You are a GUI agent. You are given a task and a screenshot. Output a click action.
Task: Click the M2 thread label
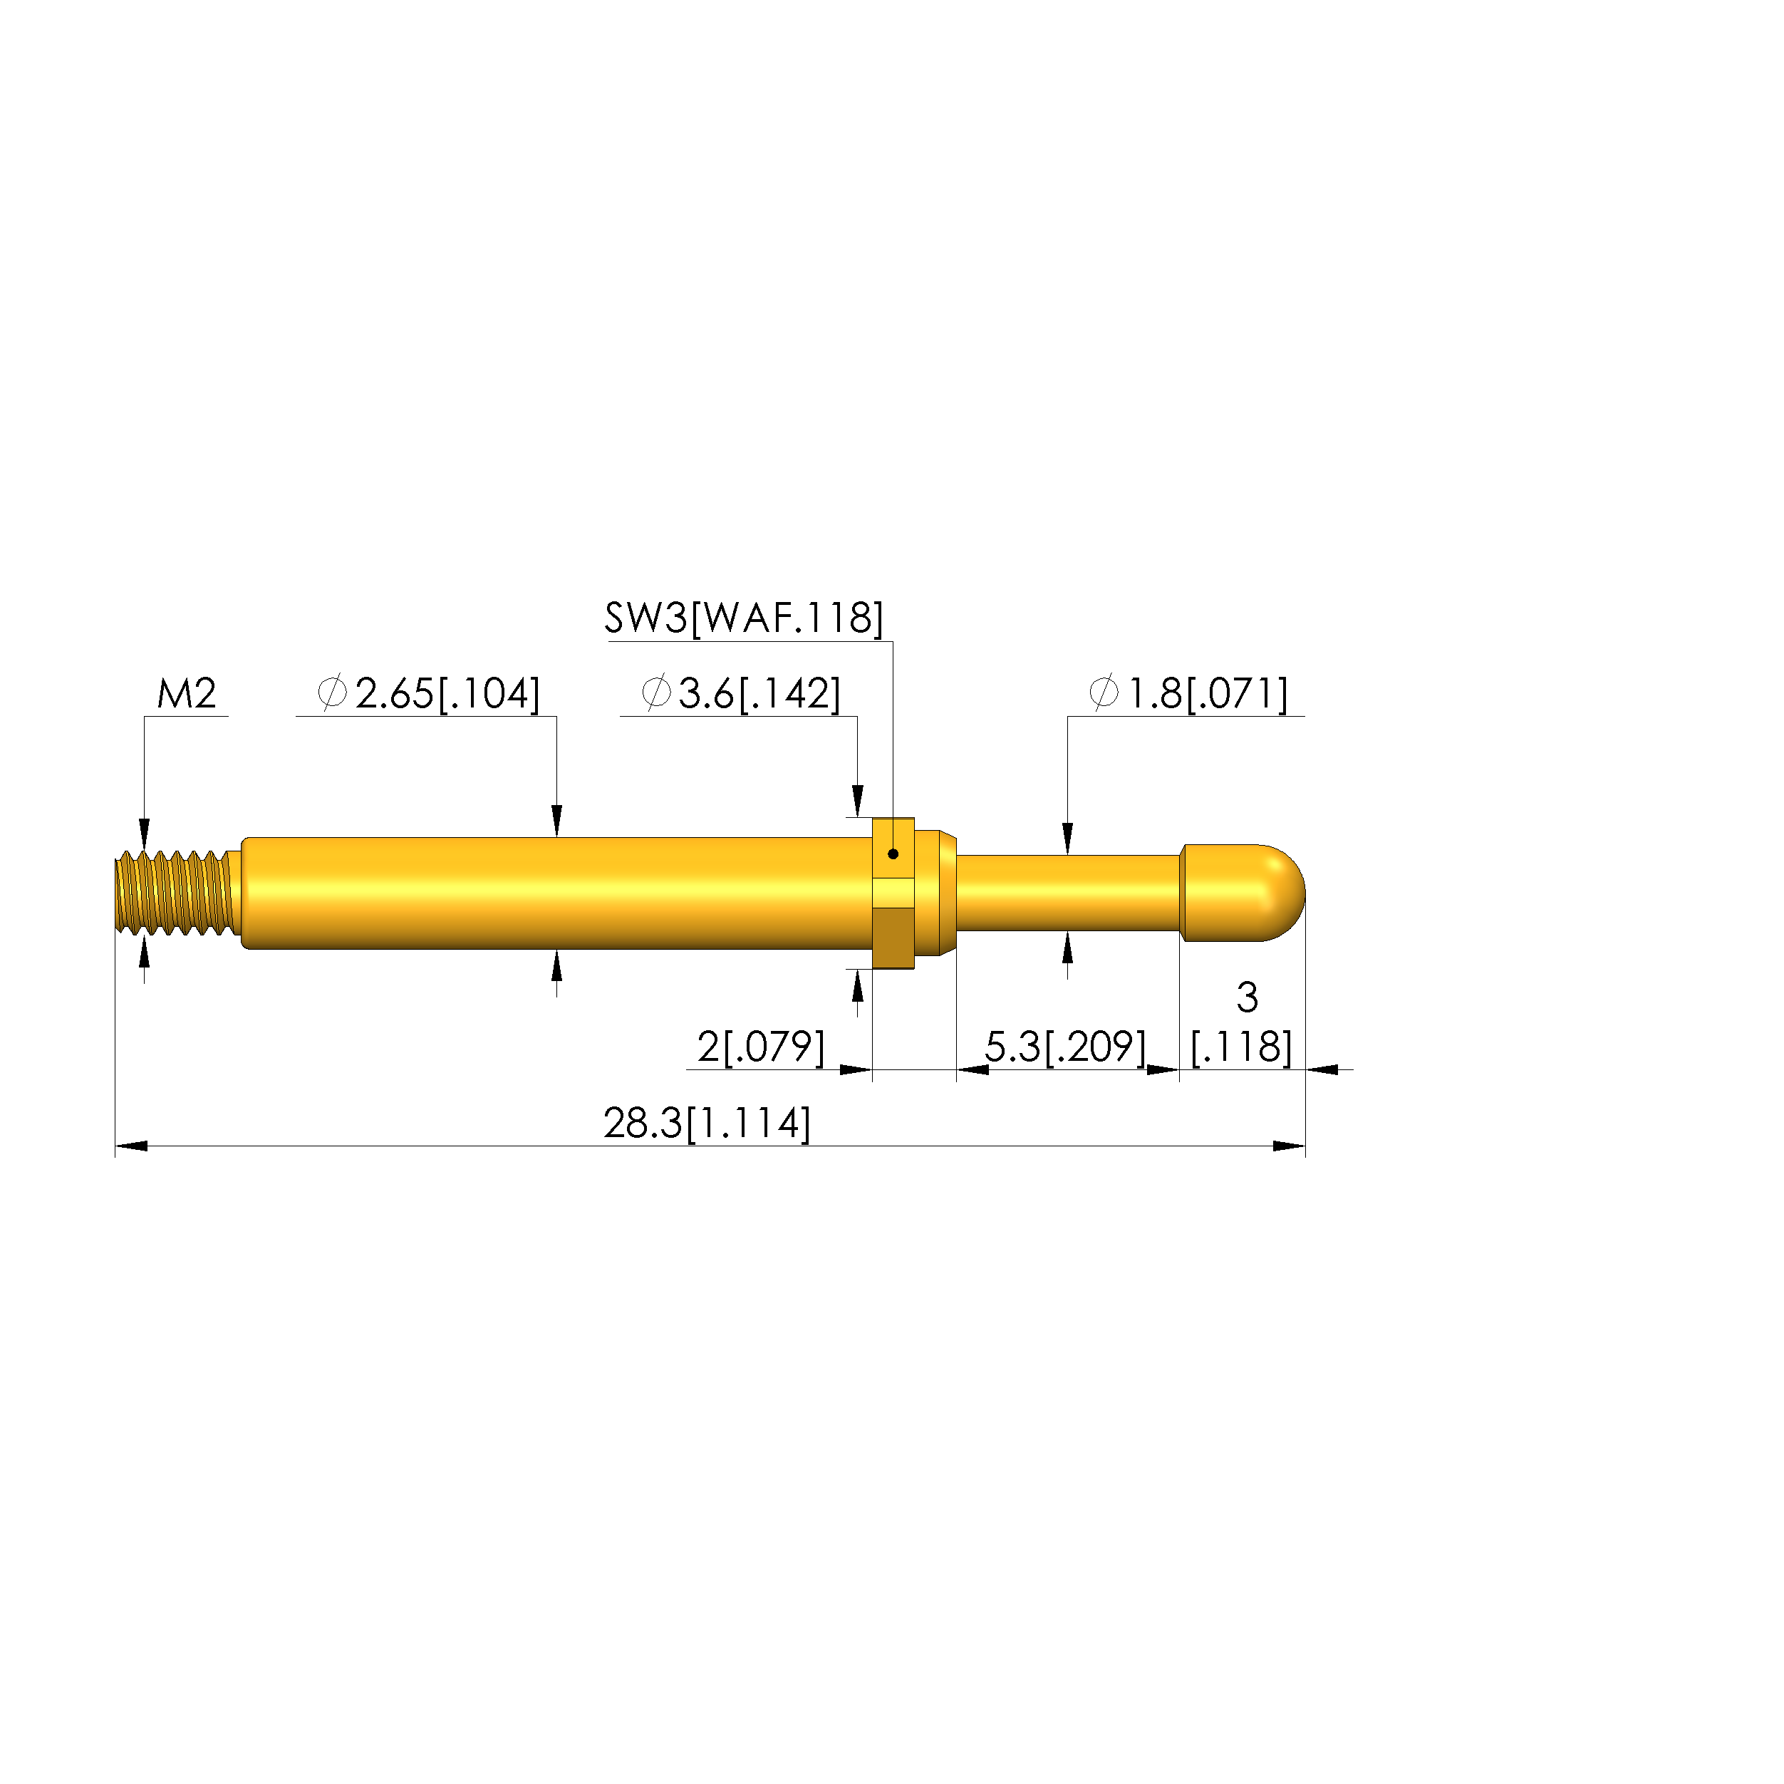[187, 693]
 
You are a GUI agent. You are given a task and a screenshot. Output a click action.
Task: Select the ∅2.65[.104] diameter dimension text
[428, 693]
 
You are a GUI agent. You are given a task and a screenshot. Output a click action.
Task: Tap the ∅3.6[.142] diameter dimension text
[740, 693]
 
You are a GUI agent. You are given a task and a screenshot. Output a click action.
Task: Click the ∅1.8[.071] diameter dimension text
[1188, 693]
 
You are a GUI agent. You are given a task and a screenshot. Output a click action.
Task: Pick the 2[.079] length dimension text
[761, 1047]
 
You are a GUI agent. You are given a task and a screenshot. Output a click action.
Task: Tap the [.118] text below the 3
[1242, 1047]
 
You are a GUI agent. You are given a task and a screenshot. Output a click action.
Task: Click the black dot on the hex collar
[893, 854]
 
